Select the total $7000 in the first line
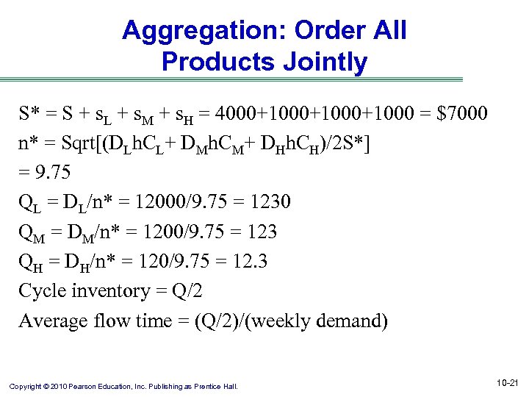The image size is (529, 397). tap(461, 114)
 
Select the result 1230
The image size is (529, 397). tap(268, 202)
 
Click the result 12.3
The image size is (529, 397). tap(249, 262)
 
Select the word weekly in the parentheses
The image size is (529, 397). tap(272, 321)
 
